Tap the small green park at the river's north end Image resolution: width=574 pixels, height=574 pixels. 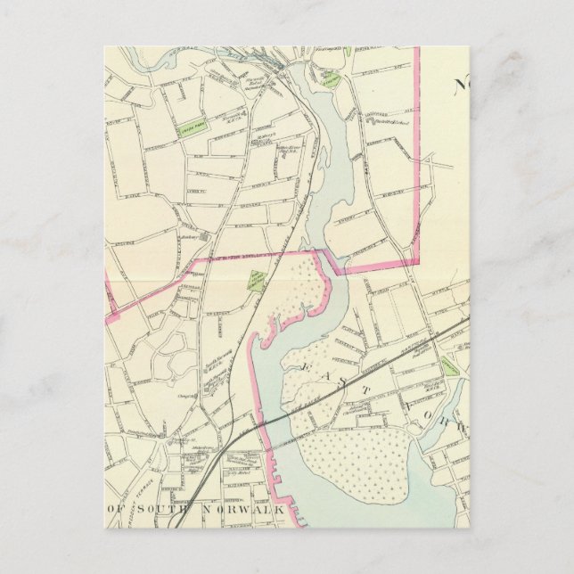(331, 80)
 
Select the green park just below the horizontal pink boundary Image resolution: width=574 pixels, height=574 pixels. (257, 280)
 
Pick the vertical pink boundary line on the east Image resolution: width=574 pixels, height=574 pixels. (417, 152)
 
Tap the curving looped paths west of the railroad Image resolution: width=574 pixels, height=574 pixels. (169, 361)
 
